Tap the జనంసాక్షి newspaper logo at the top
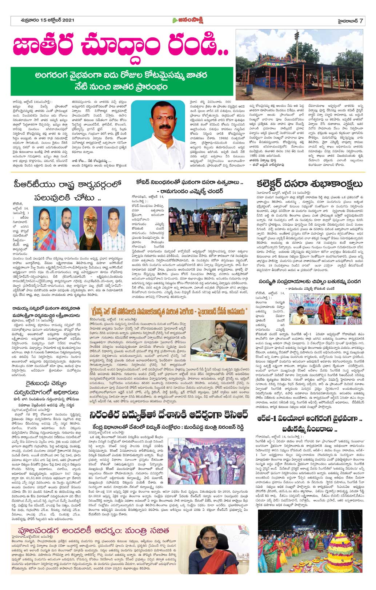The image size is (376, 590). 188,21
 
